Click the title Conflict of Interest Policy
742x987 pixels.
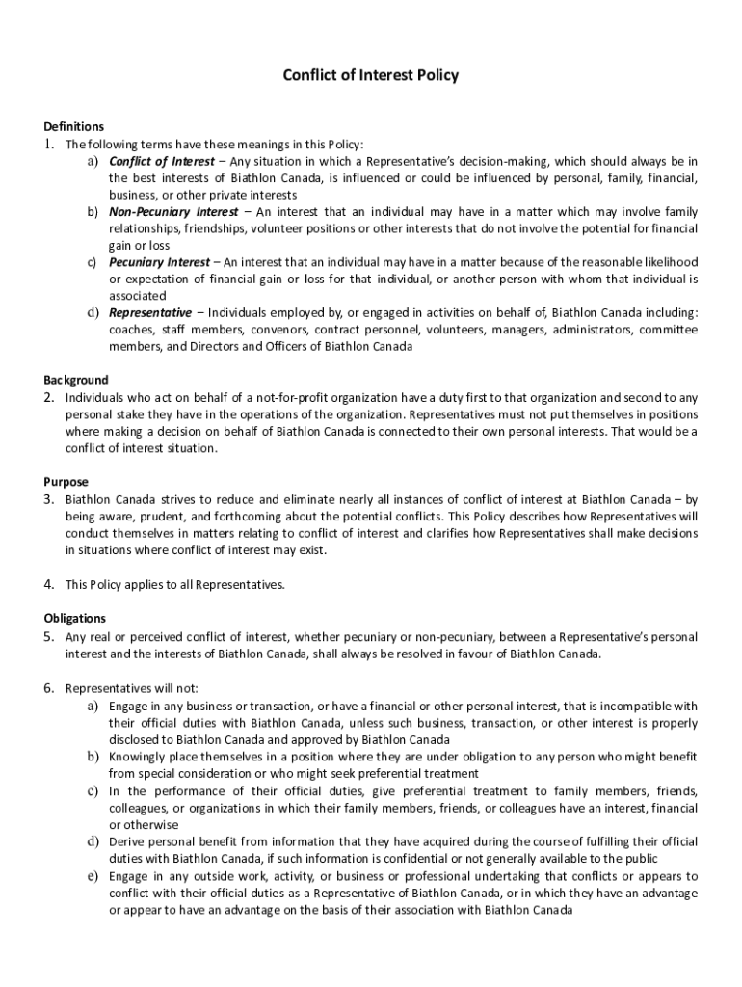(x=370, y=74)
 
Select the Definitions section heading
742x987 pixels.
(x=73, y=126)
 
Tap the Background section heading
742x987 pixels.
(x=75, y=380)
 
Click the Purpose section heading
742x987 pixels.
(x=66, y=482)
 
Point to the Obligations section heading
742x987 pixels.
(x=74, y=618)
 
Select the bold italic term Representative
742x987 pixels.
(x=150, y=313)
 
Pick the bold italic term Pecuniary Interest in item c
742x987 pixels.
(x=159, y=262)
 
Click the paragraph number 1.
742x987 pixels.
(x=48, y=144)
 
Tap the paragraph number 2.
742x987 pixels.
(x=48, y=397)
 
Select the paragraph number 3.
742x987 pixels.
(x=48, y=499)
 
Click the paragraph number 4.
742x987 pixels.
(x=48, y=584)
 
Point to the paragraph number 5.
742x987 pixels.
(x=48, y=636)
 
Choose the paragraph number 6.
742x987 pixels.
(x=48, y=688)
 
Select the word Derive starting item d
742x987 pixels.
(x=127, y=841)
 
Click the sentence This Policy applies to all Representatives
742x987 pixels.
(x=175, y=584)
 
